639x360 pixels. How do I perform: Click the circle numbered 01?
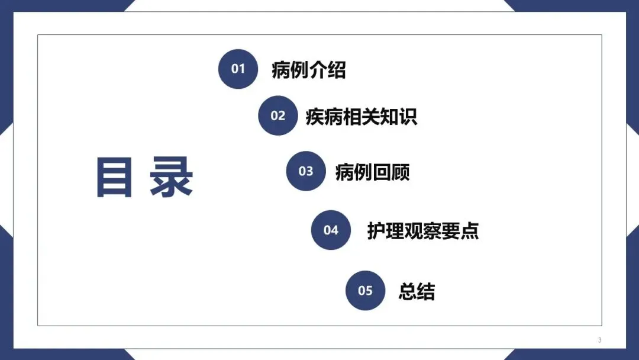coord(238,69)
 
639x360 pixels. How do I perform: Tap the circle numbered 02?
coord(277,115)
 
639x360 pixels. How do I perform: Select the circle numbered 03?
coord(305,171)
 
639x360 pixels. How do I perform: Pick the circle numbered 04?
coord(331,230)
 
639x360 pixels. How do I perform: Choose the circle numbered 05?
coord(365,290)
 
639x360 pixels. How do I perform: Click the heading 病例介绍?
coord(308,70)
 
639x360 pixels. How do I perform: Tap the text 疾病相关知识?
coord(361,116)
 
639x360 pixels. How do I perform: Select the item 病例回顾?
coord(372,172)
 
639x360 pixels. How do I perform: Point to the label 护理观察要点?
coord(422,230)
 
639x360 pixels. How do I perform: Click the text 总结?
coord(417,291)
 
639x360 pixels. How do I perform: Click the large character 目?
coord(114,177)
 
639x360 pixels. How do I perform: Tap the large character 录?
coord(171,177)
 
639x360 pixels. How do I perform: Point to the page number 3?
coord(599,340)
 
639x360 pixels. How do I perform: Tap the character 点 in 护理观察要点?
coord(470,230)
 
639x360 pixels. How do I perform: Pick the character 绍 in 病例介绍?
coord(337,70)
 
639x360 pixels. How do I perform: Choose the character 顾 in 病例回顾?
coord(401,172)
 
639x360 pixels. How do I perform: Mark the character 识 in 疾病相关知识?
coord(408,116)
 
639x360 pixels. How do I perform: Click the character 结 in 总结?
coord(426,291)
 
